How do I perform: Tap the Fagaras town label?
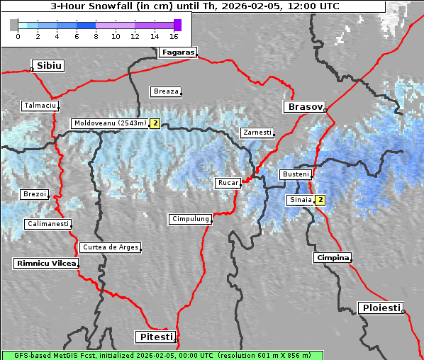(x=177, y=52)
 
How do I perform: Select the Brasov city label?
(x=304, y=106)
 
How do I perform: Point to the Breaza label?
(x=166, y=91)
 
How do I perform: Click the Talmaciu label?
(x=40, y=106)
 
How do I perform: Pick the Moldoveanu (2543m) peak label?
(x=110, y=123)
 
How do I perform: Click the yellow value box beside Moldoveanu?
(x=155, y=123)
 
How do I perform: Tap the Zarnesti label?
(x=257, y=133)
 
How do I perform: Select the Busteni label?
(x=295, y=174)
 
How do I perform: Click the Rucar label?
(x=228, y=183)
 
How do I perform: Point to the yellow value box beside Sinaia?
(x=320, y=200)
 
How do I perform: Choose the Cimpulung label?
(x=190, y=219)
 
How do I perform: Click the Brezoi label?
(x=34, y=194)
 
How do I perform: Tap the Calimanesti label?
(x=48, y=224)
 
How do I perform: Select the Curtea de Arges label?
(x=110, y=247)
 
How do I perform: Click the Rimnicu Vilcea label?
(x=45, y=263)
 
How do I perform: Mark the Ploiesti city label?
(x=381, y=308)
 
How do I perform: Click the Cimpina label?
(x=332, y=257)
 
